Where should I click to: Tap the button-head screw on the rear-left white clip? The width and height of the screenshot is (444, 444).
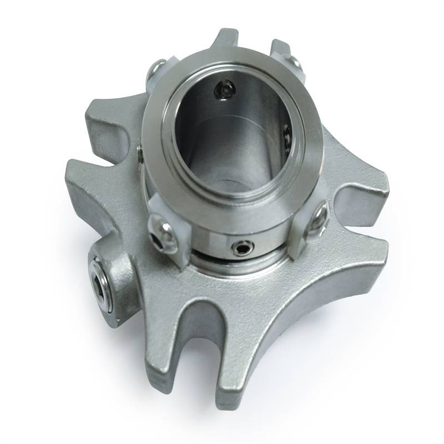157,70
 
